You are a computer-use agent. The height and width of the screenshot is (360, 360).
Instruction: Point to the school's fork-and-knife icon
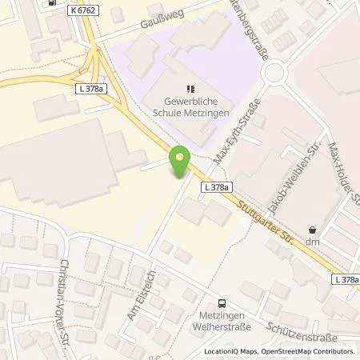[x=190, y=89]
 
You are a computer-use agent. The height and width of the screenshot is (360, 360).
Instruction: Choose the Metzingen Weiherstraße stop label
[x=223, y=321]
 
